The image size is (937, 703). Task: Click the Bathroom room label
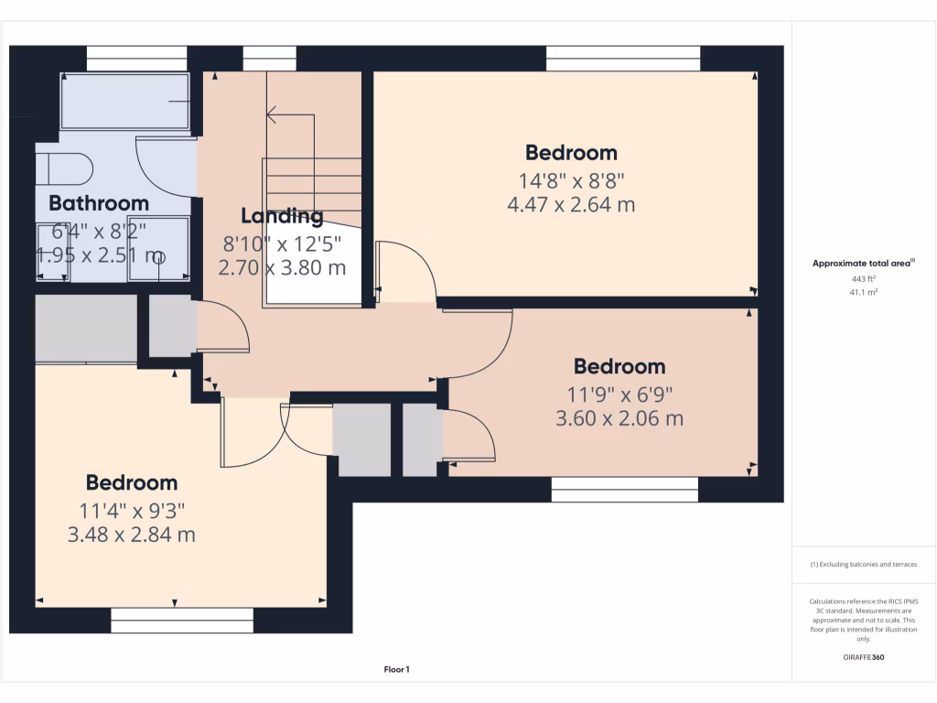point(99,203)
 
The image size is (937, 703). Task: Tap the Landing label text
point(282,217)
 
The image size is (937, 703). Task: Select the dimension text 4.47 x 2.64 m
point(571,205)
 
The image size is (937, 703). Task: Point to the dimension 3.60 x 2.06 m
point(619,419)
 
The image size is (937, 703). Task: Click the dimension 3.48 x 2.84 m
point(132,535)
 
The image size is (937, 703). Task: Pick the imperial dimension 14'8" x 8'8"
point(571,180)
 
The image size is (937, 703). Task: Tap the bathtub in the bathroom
point(125,102)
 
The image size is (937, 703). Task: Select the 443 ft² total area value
point(864,278)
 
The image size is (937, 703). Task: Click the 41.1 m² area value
point(864,292)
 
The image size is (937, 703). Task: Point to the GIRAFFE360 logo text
point(864,657)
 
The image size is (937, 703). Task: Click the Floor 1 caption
point(396,670)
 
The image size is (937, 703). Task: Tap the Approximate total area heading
point(863,264)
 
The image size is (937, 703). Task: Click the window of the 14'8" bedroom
point(623,58)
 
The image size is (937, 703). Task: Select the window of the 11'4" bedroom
point(182,622)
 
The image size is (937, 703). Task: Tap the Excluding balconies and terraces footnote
point(864,565)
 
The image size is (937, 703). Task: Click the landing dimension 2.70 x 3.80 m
point(282,269)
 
